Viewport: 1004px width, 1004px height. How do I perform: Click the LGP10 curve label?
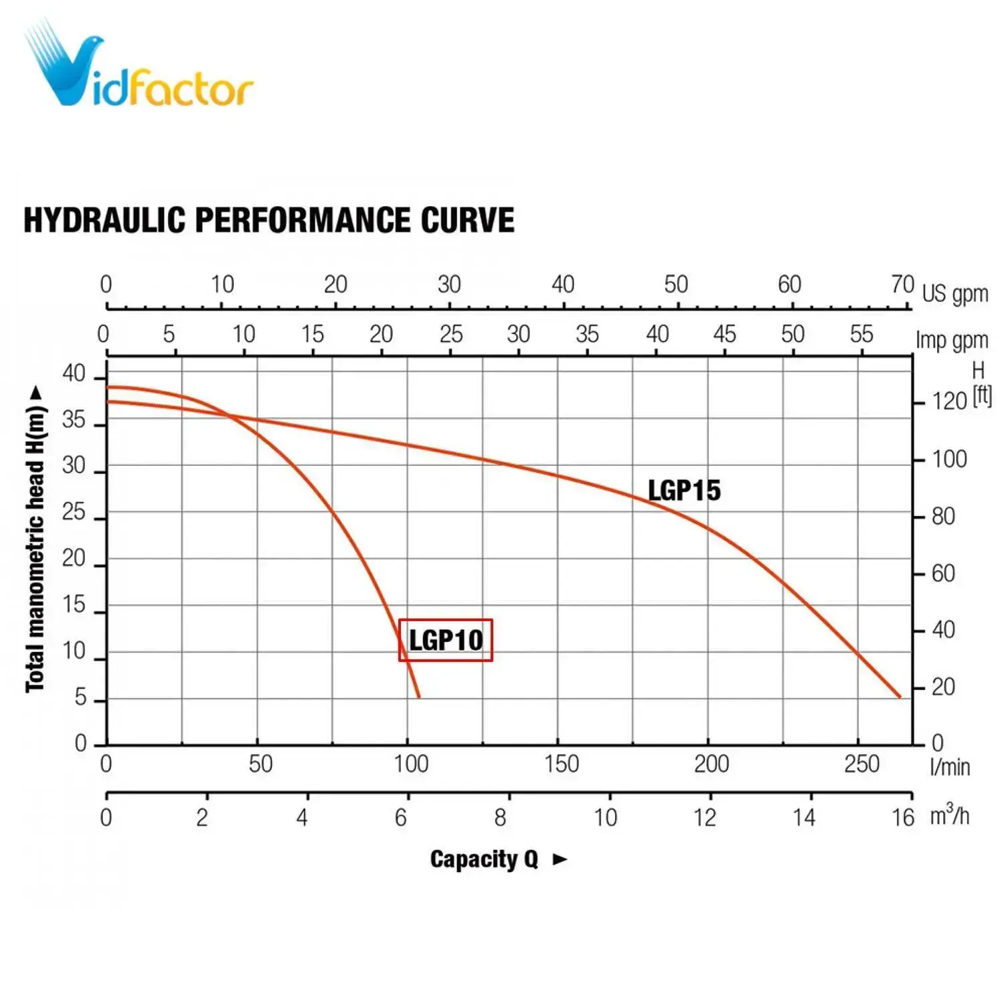click(446, 641)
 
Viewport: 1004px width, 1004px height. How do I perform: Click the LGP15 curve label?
click(684, 491)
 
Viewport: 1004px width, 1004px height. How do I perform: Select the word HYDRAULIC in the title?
click(104, 220)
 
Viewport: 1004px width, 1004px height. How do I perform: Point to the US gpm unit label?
click(954, 294)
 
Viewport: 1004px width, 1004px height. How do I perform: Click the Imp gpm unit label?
click(952, 341)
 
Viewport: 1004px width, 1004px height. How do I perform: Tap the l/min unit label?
click(950, 767)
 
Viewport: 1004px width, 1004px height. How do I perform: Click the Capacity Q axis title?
click(484, 859)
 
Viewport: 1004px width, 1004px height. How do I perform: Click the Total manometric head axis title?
click(35, 539)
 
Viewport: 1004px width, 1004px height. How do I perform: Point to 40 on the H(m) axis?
click(74, 373)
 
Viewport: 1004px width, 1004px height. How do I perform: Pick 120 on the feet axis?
click(949, 401)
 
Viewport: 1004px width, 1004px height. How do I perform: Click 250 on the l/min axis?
click(861, 764)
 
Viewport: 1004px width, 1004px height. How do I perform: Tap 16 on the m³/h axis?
click(903, 817)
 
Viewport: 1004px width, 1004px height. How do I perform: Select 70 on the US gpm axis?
click(902, 284)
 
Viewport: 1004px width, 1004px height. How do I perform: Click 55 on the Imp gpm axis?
click(861, 334)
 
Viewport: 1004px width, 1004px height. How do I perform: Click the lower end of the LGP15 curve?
click(900, 697)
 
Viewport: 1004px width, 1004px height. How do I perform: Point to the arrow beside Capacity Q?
click(560, 859)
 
